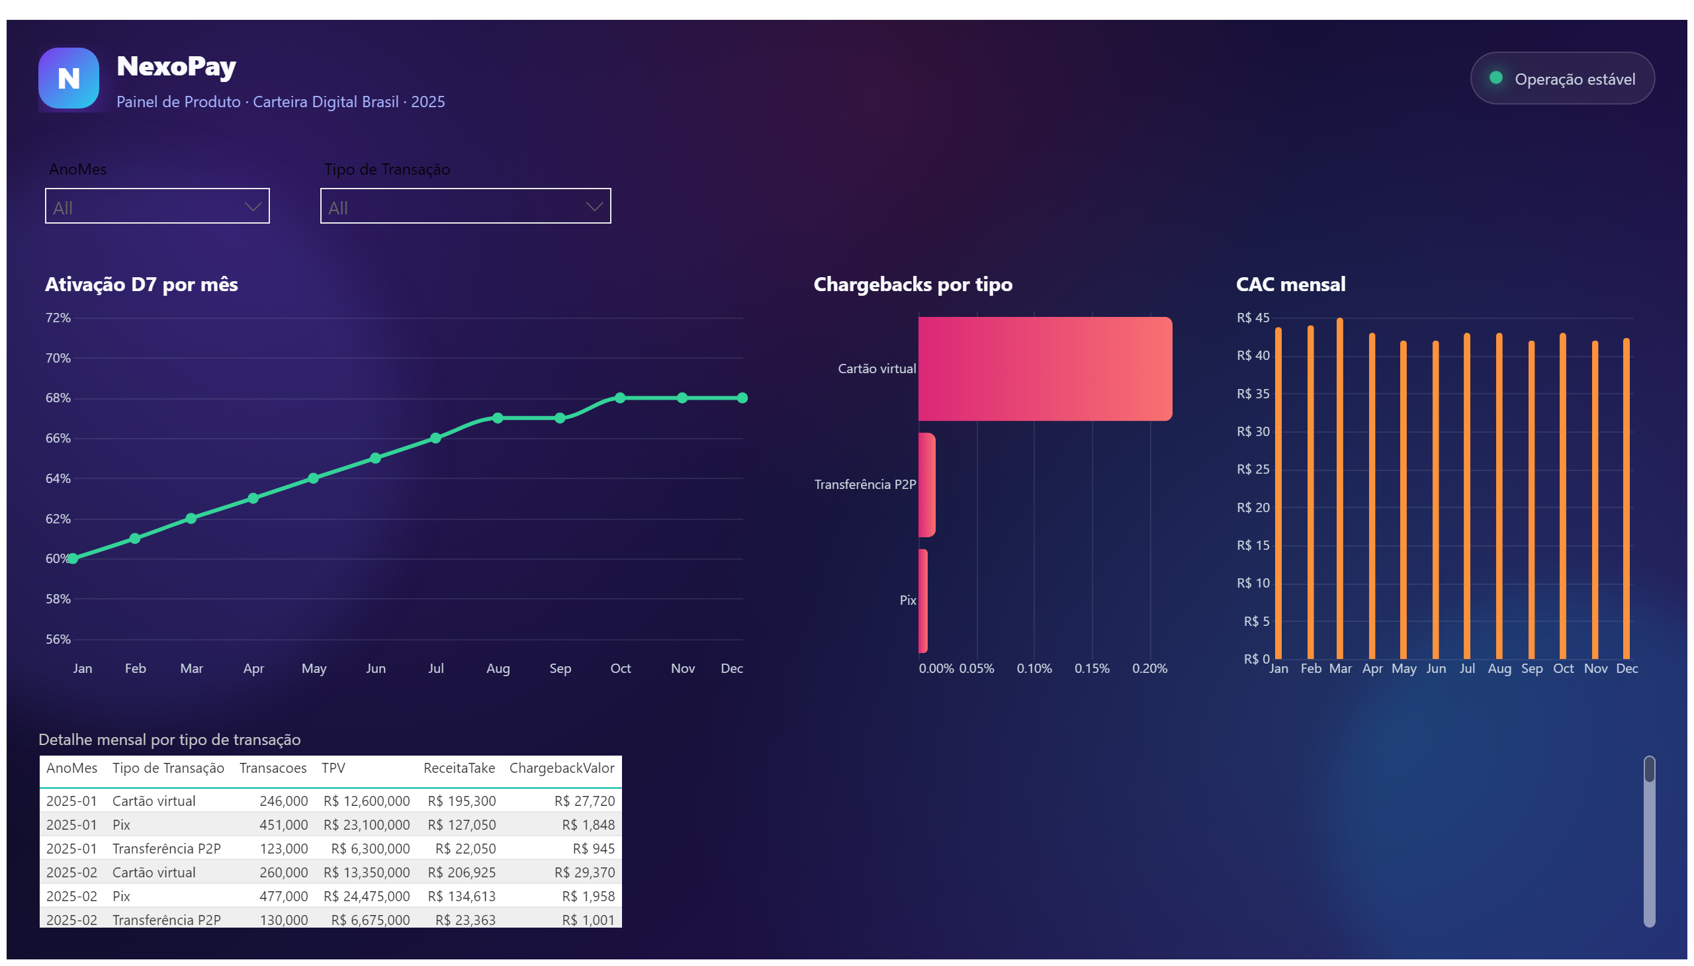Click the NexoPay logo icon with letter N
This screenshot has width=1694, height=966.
pos(69,77)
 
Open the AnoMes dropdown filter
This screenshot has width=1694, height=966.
pos(157,206)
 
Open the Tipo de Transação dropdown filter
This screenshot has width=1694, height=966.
pos(465,206)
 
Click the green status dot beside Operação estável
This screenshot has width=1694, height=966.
pos(1495,77)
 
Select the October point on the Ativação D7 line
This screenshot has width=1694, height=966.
pos(620,398)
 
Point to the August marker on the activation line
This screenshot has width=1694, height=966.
pos(498,418)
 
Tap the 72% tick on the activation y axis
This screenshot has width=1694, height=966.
pos(58,318)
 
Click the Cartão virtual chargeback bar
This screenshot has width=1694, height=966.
pos(1045,369)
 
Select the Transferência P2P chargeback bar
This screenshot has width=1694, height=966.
pos(927,485)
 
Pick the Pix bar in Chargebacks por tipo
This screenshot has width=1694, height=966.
pos(923,601)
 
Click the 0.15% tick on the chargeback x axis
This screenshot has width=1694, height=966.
pos(1092,669)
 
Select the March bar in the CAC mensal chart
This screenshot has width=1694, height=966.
pos(1340,488)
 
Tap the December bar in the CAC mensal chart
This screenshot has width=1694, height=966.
pos(1627,498)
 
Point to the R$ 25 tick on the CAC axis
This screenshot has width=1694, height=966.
pos(1253,470)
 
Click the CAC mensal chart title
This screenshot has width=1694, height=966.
pos(1290,285)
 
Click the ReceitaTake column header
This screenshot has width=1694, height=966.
pos(459,768)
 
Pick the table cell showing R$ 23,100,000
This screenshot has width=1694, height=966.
pos(367,824)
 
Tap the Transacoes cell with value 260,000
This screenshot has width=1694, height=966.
pos(283,873)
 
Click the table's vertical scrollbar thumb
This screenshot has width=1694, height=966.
pos(1649,769)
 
